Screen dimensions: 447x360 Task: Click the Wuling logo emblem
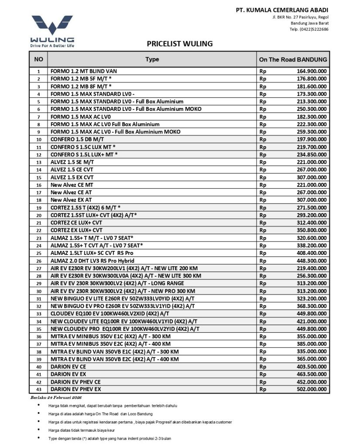(x=52, y=25)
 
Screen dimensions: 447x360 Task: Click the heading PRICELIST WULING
(x=180, y=44)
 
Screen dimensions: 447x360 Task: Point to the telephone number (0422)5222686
(x=314, y=29)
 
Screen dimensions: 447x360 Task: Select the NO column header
(x=38, y=59)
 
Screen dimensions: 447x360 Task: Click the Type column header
(x=152, y=59)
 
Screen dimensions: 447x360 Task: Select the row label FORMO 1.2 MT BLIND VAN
(x=83, y=71)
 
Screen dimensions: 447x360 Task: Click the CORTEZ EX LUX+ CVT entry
(x=76, y=230)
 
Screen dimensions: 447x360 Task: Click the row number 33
(x=38, y=314)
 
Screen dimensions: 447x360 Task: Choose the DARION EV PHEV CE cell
(x=75, y=382)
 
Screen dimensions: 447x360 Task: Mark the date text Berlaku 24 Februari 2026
(x=55, y=397)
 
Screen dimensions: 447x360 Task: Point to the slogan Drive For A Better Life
(x=52, y=45)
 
